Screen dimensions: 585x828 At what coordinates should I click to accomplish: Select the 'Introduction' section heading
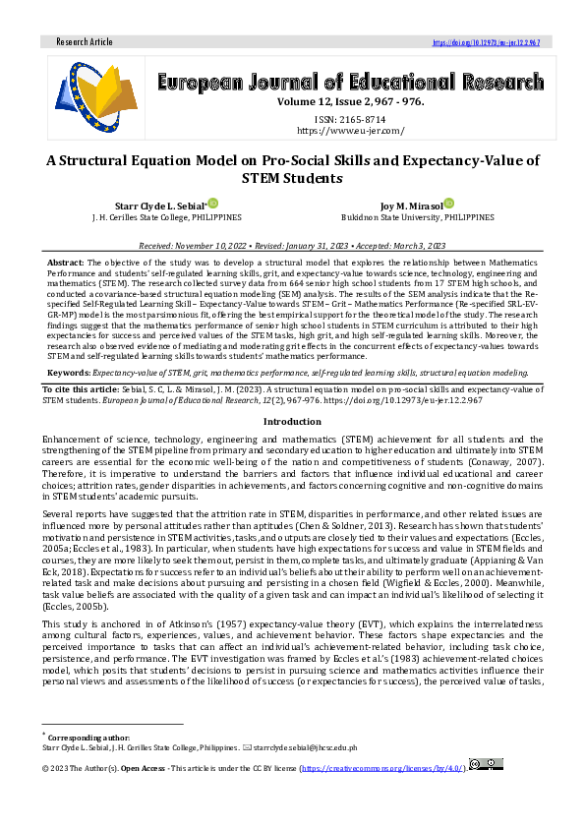pos(292,420)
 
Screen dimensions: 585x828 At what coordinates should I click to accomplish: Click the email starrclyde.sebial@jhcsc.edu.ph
pos(309,747)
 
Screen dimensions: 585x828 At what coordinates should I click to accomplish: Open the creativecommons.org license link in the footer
pos(384,764)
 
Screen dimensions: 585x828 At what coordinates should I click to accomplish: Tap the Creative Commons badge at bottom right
pos(486,763)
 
